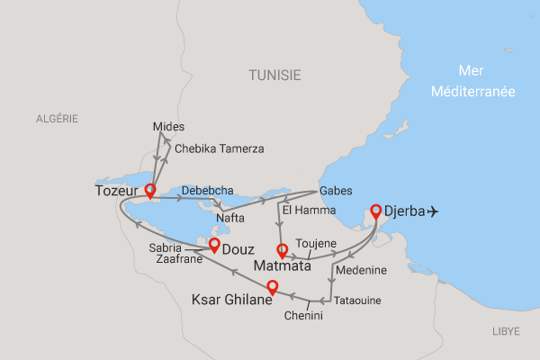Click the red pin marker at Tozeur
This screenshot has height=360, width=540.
point(150,190)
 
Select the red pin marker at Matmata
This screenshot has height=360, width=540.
point(283,250)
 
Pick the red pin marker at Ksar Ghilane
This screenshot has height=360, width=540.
point(271,288)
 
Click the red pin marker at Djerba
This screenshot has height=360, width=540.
point(375,211)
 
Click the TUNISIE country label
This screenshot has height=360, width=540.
point(275,76)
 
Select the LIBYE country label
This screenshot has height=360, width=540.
point(506,332)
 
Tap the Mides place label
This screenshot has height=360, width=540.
point(167,126)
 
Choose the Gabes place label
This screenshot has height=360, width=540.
point(335,191)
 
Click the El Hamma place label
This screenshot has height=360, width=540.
point(304,211)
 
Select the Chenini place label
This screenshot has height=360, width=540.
point(304,315)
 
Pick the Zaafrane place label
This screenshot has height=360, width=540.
point(178,257)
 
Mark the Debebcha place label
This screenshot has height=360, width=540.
point(208,190)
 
